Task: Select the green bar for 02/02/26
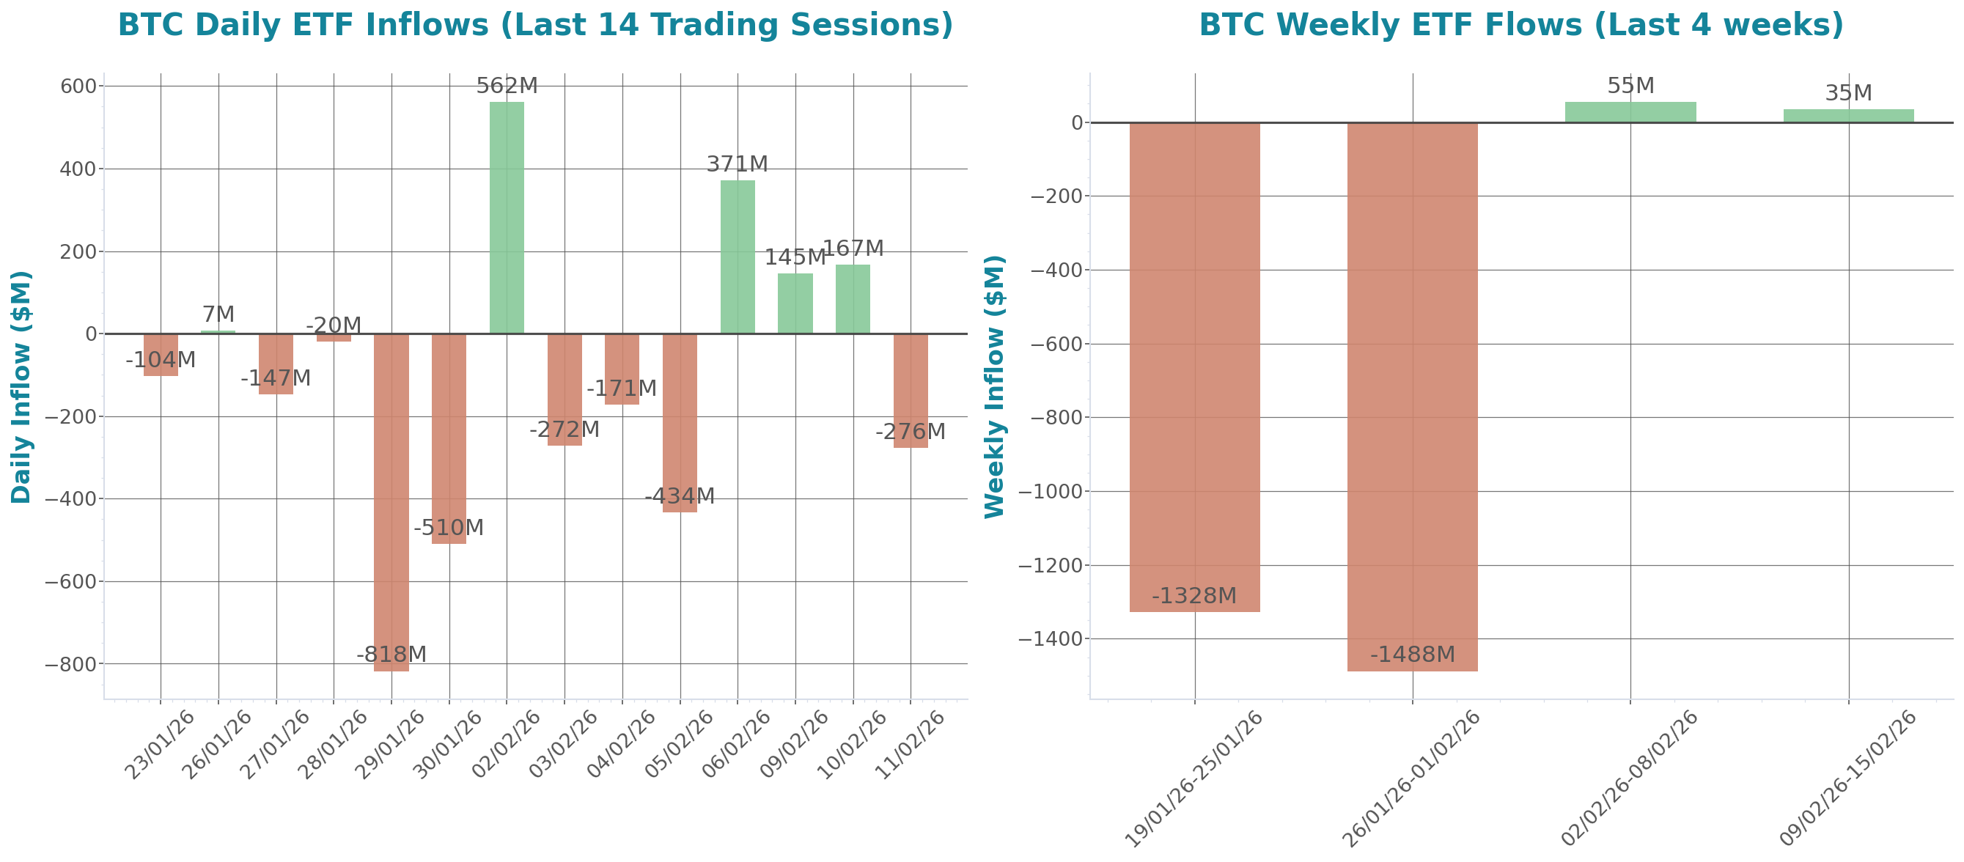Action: (507, 217)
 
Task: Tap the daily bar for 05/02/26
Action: (680, 423)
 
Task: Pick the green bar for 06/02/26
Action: (738, 256)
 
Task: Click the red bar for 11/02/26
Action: (911, 390)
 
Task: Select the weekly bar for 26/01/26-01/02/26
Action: (1412, 397)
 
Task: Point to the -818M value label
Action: (391, 655)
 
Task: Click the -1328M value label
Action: (1194, 596)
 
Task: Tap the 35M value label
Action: (1848, 93)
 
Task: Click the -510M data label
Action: (449, 528)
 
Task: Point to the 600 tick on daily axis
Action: (78, 86)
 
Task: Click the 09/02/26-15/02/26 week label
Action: (1848, 778)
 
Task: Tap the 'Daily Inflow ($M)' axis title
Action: (21, 387)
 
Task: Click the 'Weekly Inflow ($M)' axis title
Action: (994, 387)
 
